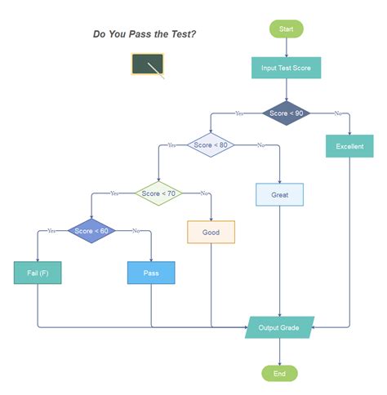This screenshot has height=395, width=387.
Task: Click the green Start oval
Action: tap(286, 29)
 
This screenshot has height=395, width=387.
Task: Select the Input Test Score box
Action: tap(286, 68)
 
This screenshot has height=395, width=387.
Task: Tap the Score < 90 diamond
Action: tap(286, 113)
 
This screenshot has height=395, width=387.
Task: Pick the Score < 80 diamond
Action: tap(211, 145)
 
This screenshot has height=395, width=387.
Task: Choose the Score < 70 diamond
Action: tap(158, 193)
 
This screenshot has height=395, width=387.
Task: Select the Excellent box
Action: tap(349, 147)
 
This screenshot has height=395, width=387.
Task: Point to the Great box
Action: tap(280, 195)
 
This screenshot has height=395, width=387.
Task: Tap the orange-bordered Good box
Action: tap(211, 232)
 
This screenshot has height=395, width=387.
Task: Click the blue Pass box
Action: tap(151, 273)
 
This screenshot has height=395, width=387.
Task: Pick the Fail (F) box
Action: tap(38, 273)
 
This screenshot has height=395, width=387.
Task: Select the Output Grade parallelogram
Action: tap(279, 328)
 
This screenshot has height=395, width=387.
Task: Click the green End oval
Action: tap(279, 373)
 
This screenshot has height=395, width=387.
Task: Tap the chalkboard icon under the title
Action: tap(148, 65)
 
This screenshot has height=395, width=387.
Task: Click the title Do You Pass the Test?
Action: tap(145, 34)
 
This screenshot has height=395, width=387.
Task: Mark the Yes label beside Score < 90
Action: tap(239, 113)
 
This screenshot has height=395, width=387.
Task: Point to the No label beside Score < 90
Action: tap(337, 113)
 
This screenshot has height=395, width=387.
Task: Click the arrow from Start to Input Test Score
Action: tap(286, 47)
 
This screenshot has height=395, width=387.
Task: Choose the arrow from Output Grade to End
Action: tap(279, 352)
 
